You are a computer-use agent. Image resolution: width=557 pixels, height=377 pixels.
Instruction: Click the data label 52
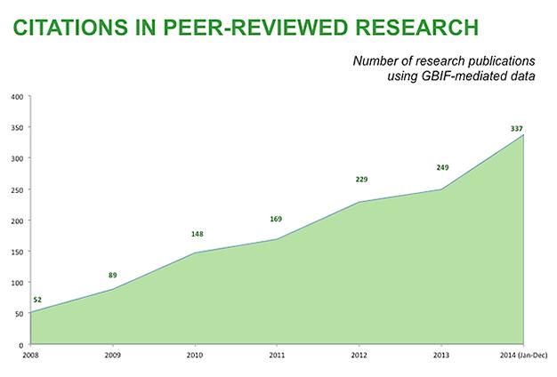point(37,301)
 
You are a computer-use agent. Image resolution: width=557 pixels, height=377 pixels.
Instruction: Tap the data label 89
point(113,277)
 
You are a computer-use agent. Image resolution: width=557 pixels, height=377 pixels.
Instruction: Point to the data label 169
point(276,219)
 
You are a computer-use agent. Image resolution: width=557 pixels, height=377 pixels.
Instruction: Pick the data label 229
point(360,180)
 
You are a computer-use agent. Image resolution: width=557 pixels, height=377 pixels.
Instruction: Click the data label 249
point(442,167)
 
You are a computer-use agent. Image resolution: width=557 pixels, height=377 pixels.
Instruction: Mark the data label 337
point(515,129)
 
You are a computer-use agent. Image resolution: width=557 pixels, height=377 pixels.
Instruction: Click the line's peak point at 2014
point(523,135)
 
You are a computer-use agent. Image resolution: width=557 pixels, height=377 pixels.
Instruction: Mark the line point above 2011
point(277,239)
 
